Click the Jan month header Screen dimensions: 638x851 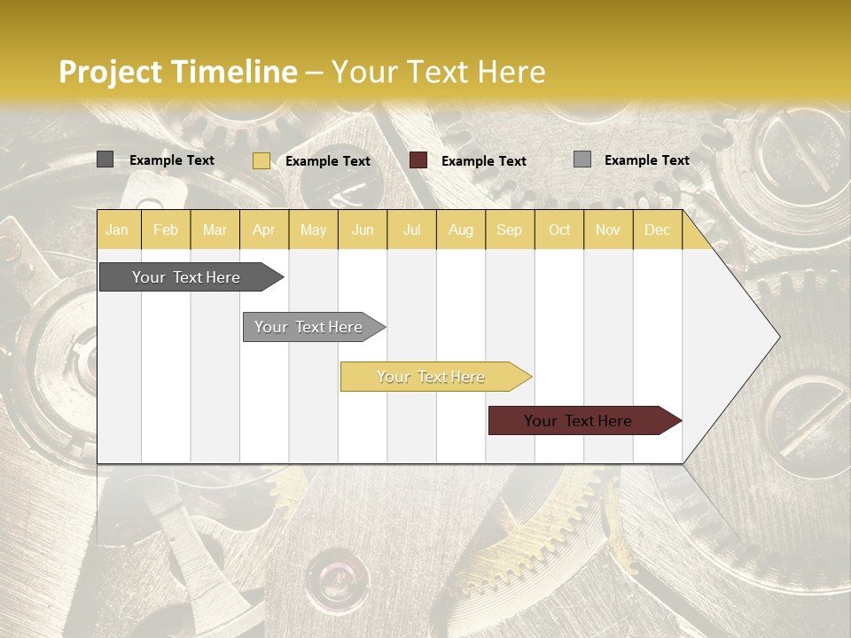[117, 230]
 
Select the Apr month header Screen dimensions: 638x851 [263, 230]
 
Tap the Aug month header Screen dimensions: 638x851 [460, 230]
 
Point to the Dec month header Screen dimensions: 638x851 [657, 230]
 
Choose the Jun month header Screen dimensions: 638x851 [363, 230]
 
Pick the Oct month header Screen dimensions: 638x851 [559, 230]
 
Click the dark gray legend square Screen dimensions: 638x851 [105, 159]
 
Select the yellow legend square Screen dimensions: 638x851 [261, 160]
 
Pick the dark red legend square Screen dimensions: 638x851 [418, 160]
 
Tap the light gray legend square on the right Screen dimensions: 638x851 [582, 159]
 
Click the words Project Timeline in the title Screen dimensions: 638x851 [177, 72]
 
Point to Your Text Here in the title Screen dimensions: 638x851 [438, 72]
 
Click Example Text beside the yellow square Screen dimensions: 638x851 [328, 161]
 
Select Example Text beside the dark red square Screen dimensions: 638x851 [484, 161]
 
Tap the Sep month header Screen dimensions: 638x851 [509, 230]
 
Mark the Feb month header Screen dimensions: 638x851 [166, 230]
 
